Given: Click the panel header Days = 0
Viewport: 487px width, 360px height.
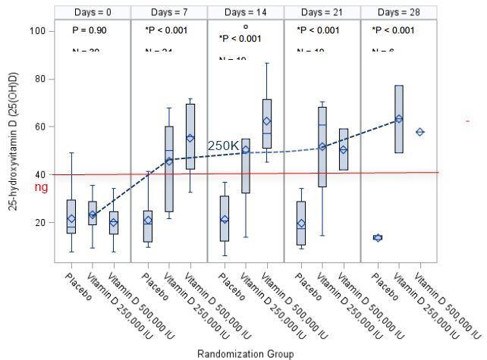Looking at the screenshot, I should click(x=93, y=12).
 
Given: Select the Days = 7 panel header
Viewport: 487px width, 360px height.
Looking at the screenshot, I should click(x=169, y=12).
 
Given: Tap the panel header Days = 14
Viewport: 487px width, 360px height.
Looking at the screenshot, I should click(x=246, y=12).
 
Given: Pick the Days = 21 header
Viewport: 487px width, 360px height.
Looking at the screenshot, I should click(x=322, y=12).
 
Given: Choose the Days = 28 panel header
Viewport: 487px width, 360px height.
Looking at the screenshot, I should click(x=398, y=12).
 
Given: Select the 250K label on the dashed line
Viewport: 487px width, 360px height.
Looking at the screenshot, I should click(x=224, y=145).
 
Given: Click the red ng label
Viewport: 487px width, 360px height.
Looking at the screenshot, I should click(x=42, y=186).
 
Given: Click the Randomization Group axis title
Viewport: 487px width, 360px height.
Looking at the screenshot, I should click(x=243, y=353).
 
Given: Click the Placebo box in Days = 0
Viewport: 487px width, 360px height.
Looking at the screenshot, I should click(x=71, y=216).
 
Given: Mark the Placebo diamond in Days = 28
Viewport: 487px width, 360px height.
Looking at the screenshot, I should click(x=377, y=237).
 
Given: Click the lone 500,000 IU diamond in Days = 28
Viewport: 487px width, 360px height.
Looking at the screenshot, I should click(x=419, y=132).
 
